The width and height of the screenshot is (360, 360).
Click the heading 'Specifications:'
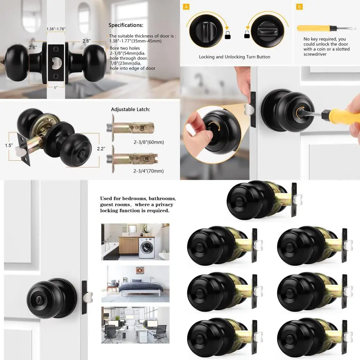coord(126,25)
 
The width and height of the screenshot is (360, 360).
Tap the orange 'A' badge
coord(186,6)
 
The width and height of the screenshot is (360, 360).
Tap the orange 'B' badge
coord(299,6)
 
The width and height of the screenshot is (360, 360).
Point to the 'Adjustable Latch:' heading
coord(130,109)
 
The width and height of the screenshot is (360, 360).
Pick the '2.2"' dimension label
coord(102,148)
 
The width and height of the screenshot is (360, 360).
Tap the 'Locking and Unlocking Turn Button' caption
coord(234,57)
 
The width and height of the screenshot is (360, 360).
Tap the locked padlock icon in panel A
coord(227,35)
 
